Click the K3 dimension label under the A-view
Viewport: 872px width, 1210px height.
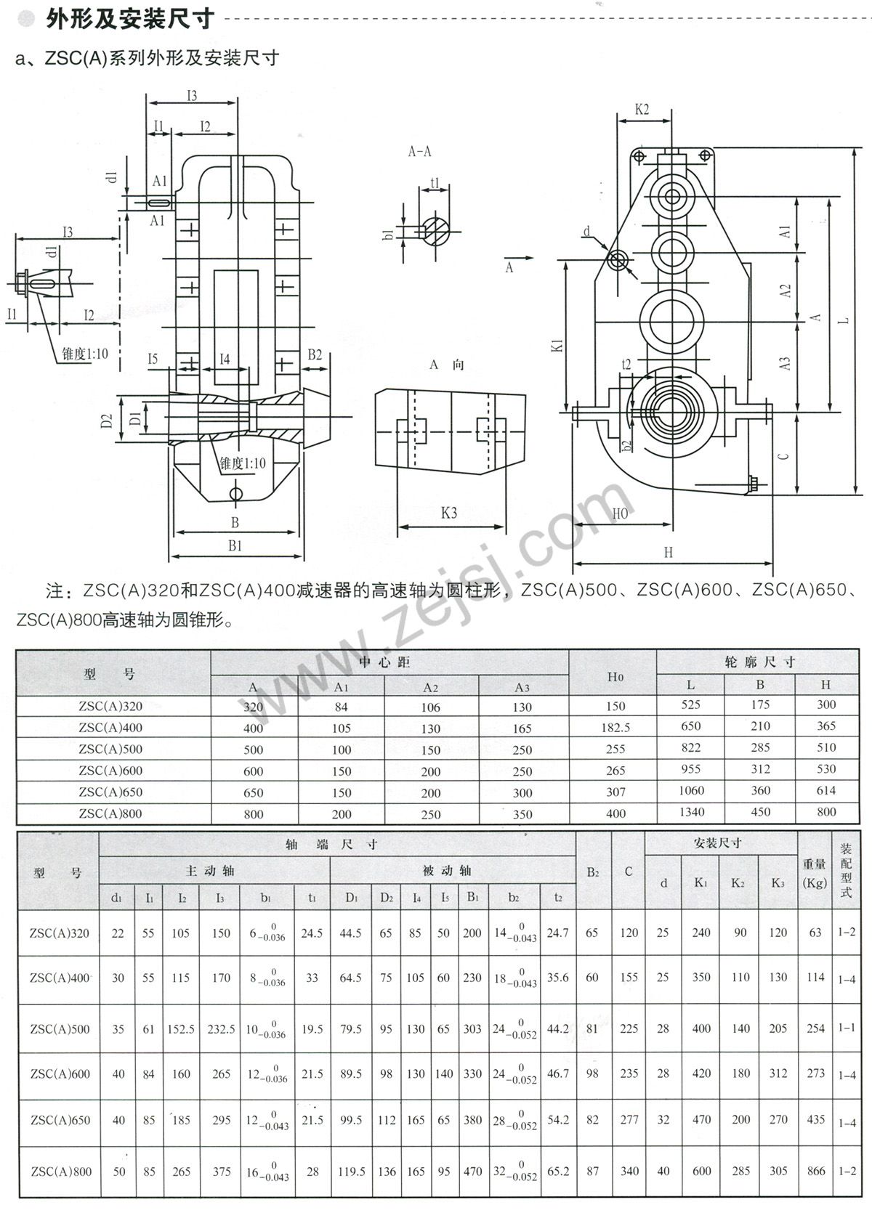click(x=448, y=513)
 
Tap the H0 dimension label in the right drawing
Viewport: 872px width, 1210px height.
click(x=620, y=513)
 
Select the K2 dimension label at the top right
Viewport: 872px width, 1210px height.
click(x=642, y=110)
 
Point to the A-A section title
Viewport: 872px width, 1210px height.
click(x=419, y=151)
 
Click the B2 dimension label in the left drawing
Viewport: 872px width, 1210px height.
click(x=315, y=354)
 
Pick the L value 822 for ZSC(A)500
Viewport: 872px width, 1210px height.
click(x=690, y=747)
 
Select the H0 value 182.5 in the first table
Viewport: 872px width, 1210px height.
click(x=615, y=727)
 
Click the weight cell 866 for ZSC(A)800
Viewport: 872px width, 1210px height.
click(x=815, y=1170)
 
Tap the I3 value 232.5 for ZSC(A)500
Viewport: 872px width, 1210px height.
click(x=221, y=1028)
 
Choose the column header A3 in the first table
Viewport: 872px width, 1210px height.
click(x=522, y=687)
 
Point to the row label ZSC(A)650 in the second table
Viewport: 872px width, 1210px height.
click(x=60, y=1120)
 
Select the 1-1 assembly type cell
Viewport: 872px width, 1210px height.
click(x=847, y=1028)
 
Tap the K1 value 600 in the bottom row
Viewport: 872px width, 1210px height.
click(x=701, y=1170)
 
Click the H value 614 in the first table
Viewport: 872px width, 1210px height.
click(x=825, y=790)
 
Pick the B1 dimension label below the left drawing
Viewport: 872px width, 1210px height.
click(x=234, y=545)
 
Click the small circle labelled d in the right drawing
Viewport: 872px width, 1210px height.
click(x=618, y=260)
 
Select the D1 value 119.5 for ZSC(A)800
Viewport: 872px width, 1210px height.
click(x=351, y=1171)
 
